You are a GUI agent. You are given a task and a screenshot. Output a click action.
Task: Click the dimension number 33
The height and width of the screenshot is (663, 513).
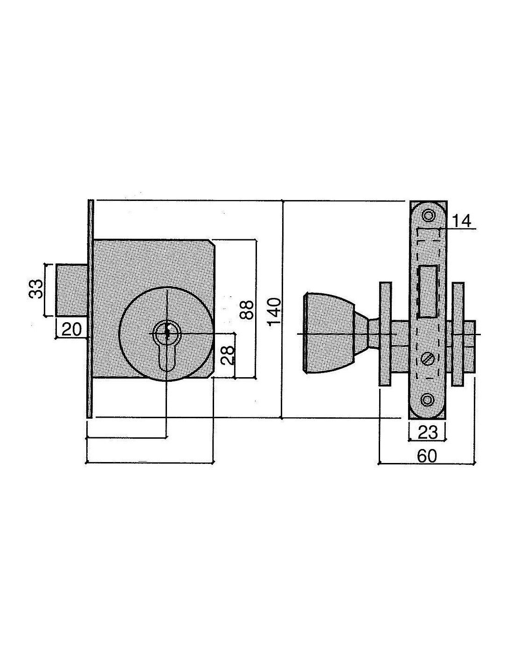(x=36, y=289)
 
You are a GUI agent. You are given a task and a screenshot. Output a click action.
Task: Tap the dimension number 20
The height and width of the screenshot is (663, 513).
(x=72, y=329)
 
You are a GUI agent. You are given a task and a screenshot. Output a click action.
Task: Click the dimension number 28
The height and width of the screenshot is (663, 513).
(x=228, y=354)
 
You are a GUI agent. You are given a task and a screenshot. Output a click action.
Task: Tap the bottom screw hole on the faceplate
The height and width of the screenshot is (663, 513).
(x=427, y=400)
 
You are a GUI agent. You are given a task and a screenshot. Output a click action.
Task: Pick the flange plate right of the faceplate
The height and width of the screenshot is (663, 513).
(x=458, y=334)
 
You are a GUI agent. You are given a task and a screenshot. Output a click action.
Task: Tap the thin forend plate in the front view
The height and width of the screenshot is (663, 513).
(x=90, y=309)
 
